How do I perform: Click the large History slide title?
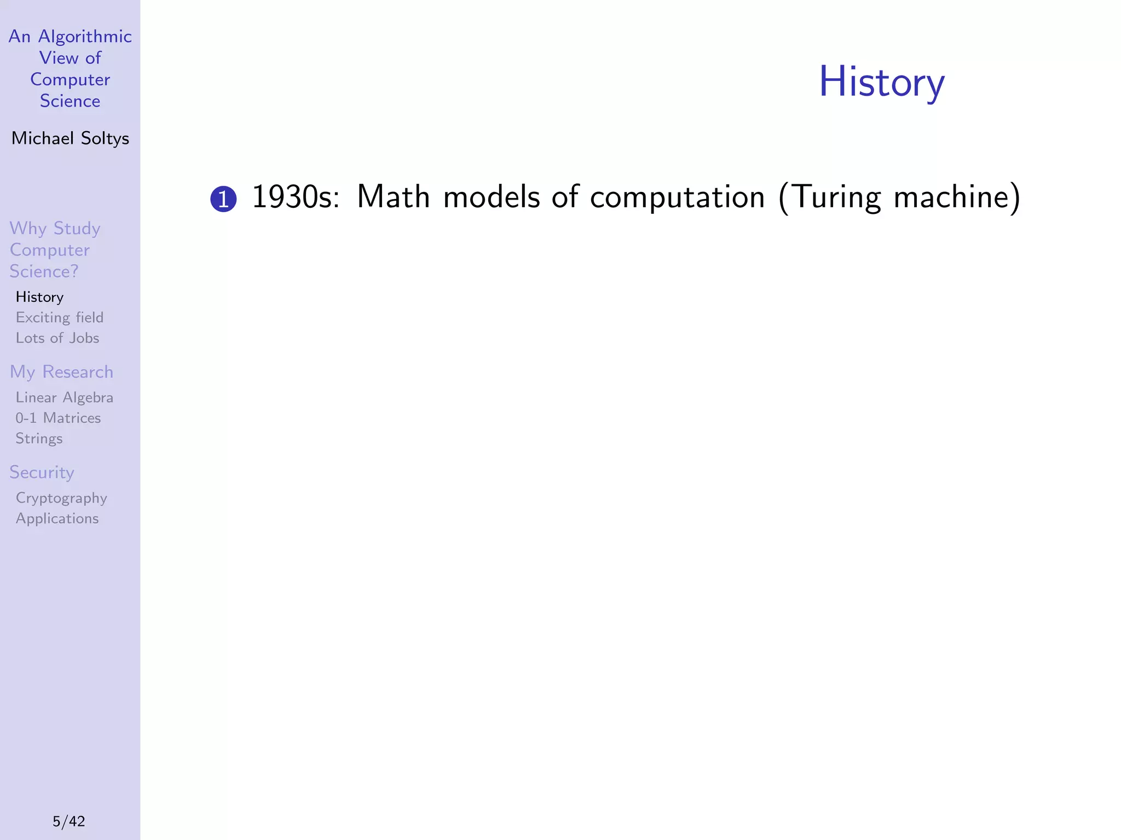tap(881, 82)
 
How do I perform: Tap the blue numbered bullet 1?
tap(223, 199)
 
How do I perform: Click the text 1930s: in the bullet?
tap(296, 197)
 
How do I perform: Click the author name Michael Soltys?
tap(70, 138)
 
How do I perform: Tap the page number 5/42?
tap(69, 821)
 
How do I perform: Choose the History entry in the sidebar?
tap(39, 297)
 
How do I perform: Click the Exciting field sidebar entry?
tap(59, 318)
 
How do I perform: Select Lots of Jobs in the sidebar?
tap(57, 338)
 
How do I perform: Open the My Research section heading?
tap(61, 372)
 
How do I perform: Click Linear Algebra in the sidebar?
tap(65, 398)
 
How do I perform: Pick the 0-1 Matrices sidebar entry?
tap(58, 418)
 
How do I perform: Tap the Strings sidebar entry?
tap(39, 439)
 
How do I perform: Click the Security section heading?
tap(42, 472)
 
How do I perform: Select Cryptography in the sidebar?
tap(61, 498)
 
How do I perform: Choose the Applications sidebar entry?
tap(57, 518)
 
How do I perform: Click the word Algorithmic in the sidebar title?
tap(85, 37)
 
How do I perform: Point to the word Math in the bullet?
tap(393, 197)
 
